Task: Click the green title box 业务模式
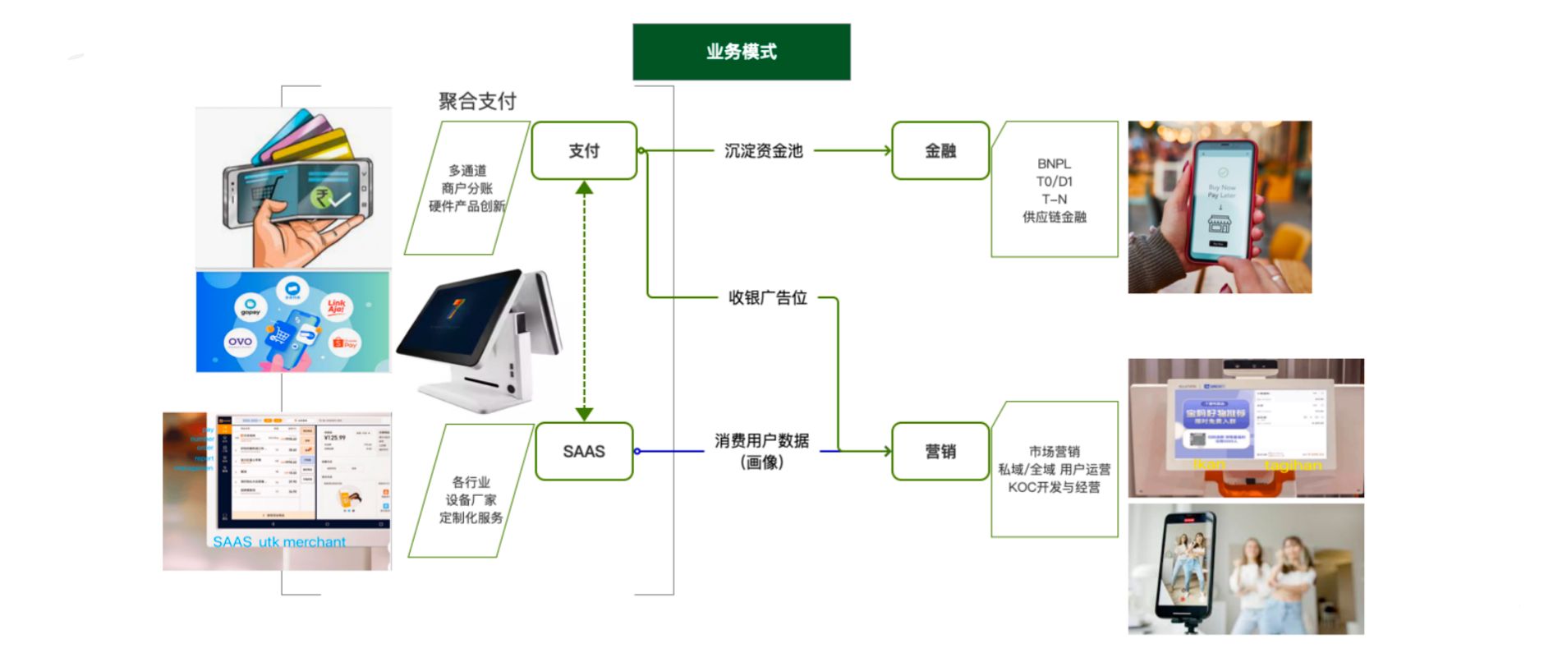click(x=741, y=52)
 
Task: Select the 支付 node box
click(x=584, y=150)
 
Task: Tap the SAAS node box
click(x=584, y=451)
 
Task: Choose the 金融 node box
click(x=940, y=150)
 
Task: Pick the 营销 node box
click(x=940, y=451)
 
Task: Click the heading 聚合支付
click(x=477, y=101)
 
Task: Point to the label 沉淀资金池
click(x=763, y=150)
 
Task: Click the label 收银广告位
click(x=767, y=297)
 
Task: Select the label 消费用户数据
click(x=761, y=441)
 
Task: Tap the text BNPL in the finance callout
click(x=1054, y=163)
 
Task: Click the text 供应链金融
click(x=1054, y=217)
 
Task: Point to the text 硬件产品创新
click(x=466, y=206)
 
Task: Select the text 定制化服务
click(x=471, y=517)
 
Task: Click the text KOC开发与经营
click(x=1054, y=487)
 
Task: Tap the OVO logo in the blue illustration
click(x=240, y=341)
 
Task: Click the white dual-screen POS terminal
click(x=480, y=337)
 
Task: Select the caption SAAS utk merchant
click(x=279, y=542)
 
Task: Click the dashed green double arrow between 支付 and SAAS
click(x=584, y=301)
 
